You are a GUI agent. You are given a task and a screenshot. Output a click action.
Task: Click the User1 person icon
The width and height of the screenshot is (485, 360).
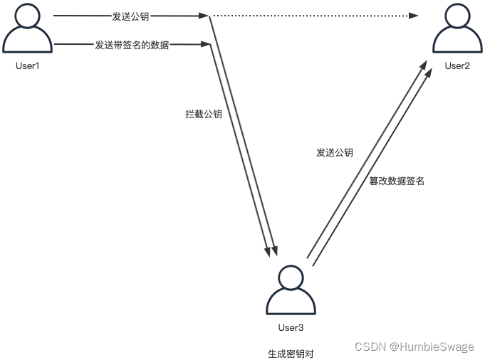[x=28, y=31]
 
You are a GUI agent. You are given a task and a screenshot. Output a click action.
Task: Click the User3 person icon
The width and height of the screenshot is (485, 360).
[x=290, y=292]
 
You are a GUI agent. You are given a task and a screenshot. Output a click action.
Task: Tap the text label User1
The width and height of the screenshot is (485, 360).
[x=28, y=65]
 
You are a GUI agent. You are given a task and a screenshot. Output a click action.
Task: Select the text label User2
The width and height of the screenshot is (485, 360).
[x=457, y=66]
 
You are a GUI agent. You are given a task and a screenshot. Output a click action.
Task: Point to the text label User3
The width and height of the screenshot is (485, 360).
[x=290, y=327]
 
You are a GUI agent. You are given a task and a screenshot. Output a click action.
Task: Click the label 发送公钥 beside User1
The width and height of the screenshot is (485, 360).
[x=130, y=16]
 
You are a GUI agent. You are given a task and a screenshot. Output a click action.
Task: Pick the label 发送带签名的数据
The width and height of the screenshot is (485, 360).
[x=132, y=45]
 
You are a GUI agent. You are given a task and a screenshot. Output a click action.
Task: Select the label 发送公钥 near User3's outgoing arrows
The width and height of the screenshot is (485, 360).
[x=335, y=152]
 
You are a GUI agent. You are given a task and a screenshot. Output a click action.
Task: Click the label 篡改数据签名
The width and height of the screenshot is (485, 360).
[x=397, y=181]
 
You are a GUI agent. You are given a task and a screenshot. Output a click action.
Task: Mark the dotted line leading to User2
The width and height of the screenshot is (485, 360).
[x=313, y=16]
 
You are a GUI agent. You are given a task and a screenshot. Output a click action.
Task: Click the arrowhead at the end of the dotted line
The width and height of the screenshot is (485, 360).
[x=414, y=16]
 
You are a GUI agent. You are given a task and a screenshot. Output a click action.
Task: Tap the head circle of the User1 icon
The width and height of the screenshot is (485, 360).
[x=28, y=16]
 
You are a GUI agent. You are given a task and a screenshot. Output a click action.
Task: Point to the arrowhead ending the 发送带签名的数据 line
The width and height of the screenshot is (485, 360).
[x=207, y=45]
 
